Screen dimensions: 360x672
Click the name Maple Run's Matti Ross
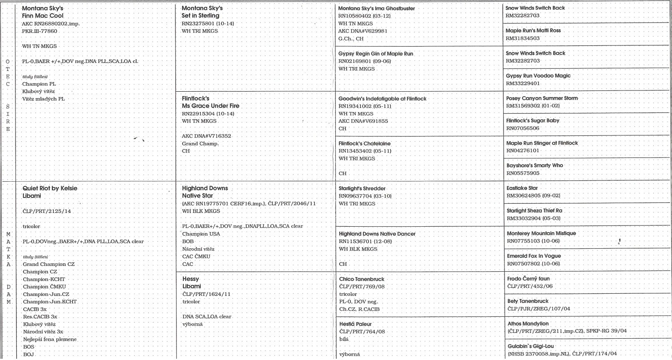(x=533, y=30)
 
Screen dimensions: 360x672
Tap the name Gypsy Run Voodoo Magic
(x=538, y=76)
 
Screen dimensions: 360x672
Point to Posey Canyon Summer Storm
(x=542, y=98)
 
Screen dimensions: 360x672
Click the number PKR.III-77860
(x=40, y=31)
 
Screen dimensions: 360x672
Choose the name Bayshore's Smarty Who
(x=535, y=165)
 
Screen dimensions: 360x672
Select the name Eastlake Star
(x=522, y=188)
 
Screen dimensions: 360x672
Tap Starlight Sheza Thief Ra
(x=534, y=211)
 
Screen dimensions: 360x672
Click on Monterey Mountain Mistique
(x=541, y=233)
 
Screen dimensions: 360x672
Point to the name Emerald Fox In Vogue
(x=534, y=256)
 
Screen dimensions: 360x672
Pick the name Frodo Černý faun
(x=528, y=279)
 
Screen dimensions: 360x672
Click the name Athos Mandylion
(x=528, y=324)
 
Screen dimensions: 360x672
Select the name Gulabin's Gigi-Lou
(x=530, y=346)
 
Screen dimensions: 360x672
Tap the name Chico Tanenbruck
(x=362, y=279)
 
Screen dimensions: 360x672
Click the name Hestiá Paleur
(x=355, y=324)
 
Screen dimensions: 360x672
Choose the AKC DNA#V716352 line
(x=206, y=136)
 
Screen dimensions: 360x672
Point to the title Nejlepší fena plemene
(x=50, y=339)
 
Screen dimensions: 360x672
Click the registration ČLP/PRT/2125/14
(x=47, y=211)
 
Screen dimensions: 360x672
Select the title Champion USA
(x=201, y=234)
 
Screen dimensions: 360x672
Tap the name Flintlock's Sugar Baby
(x=532, y=121)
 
